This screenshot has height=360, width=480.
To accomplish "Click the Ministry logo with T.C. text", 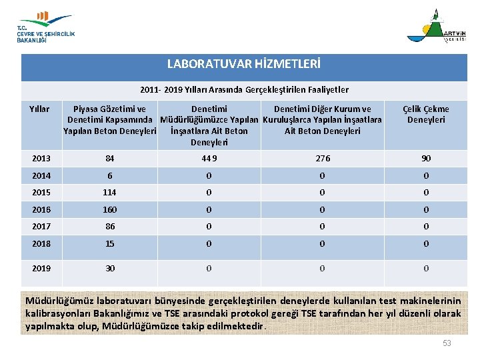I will pos(45,27).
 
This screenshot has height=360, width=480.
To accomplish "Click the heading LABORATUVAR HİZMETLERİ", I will pos(243,65).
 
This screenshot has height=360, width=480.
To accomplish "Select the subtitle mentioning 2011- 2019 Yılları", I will pos(244,89).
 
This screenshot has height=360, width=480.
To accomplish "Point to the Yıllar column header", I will pos(39,109).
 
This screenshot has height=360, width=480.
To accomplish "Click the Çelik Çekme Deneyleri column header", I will pos(426,114).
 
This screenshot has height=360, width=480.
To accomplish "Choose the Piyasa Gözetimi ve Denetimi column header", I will pos(109,119).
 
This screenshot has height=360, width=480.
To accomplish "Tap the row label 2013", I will pos(41,158).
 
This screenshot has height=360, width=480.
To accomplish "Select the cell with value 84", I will pos(109,158).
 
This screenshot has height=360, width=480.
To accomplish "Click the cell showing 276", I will pos(322,158).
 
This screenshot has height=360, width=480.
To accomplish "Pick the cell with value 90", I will pos(426,158).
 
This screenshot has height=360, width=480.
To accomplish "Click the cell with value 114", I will pos(109,192).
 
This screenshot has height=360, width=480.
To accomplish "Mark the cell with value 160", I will pos(109,209).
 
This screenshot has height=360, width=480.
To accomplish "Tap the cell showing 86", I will pos(109,226).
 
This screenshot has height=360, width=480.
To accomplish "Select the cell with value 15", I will pos(109,243).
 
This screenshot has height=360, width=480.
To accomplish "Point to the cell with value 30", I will pos(109,268).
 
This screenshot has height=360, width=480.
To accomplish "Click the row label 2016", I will pos(41,209).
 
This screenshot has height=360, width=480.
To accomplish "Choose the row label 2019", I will pos(41,268).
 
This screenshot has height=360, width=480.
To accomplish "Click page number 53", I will pos(447,343).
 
